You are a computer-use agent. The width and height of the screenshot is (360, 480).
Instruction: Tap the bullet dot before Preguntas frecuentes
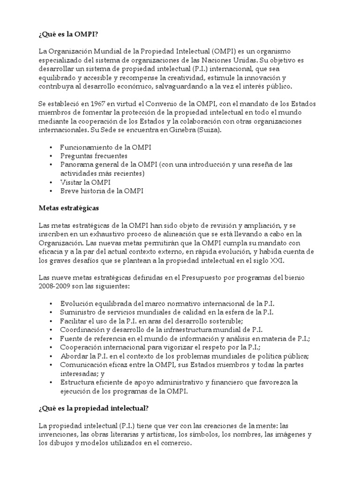[51, 156]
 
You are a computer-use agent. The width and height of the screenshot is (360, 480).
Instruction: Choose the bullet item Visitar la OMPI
[85, 182]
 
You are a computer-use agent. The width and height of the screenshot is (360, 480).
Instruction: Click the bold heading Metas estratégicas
[68, 207]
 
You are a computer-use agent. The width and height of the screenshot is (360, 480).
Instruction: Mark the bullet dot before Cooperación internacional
[51, 347]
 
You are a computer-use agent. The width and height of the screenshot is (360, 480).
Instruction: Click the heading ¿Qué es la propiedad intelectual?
[93, 409]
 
